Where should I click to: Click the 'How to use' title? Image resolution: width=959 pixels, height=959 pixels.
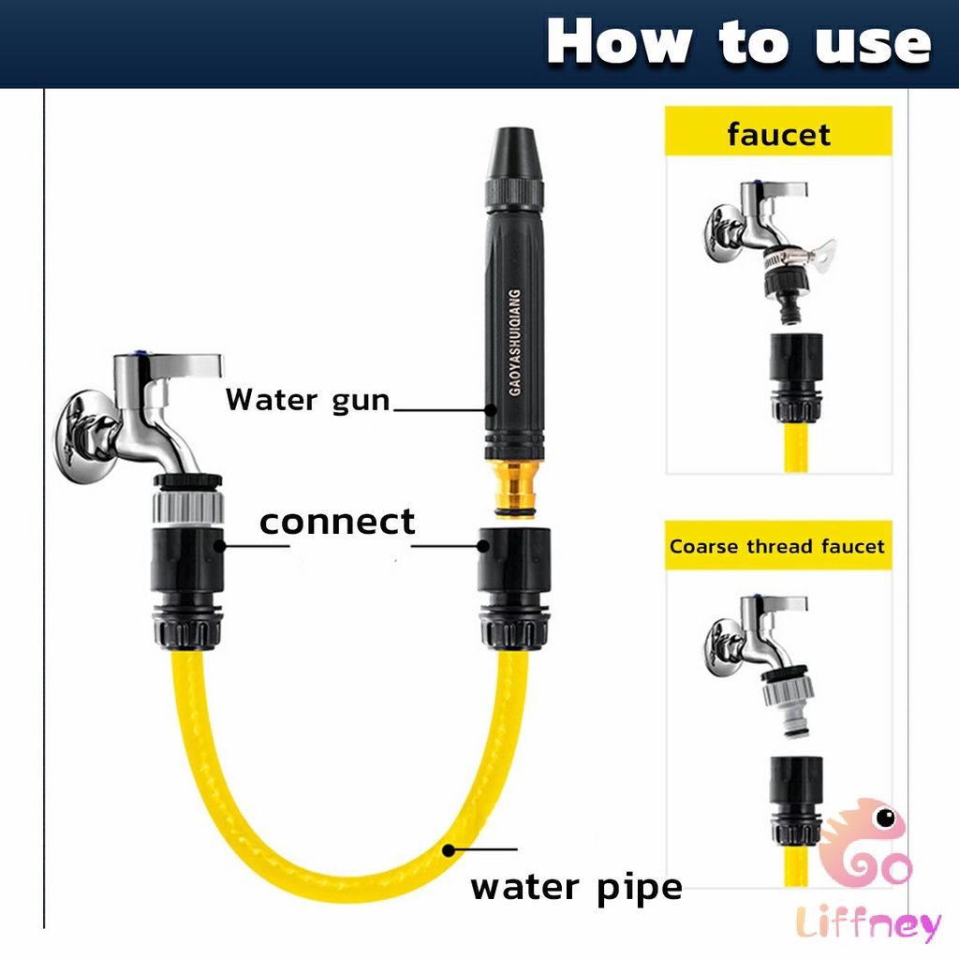[x=739, y=41]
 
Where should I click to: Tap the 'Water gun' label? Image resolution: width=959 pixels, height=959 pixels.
[x=307, y=401]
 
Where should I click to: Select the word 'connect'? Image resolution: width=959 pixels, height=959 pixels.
[x=337, y=522]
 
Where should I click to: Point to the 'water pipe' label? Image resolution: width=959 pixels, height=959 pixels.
[x=576, y=888]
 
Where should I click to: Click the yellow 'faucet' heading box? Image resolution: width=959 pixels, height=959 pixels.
[x=778, y=131]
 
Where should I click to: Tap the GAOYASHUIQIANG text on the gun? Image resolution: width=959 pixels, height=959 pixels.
[x=515, y=343]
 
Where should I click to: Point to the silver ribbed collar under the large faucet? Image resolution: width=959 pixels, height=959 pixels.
[x=187, y=507]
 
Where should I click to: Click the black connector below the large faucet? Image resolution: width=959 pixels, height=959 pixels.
[x=187, y=587]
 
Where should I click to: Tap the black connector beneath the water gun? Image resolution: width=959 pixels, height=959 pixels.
[x=514, y=587]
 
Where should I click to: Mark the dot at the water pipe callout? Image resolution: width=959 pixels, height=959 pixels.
[x=449, y=850]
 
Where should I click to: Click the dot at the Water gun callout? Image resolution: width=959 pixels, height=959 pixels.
[x=491, y=410]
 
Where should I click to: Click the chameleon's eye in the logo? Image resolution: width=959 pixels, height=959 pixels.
[x=885, y=817]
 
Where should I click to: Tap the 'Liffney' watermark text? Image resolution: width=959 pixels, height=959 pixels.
[x=868, y=924]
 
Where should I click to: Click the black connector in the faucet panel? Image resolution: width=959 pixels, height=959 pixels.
[x=796, y=376]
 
